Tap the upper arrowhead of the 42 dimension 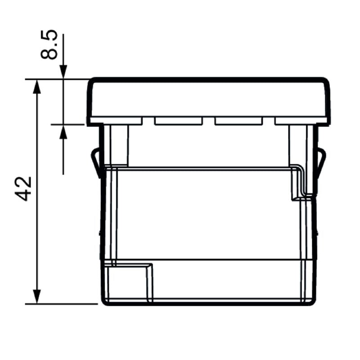37,86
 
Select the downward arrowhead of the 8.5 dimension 63,72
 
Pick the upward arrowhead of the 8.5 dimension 63,131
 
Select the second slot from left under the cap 178,121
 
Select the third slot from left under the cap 238,121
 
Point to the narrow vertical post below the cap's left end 119,144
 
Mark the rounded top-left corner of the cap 92,83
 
